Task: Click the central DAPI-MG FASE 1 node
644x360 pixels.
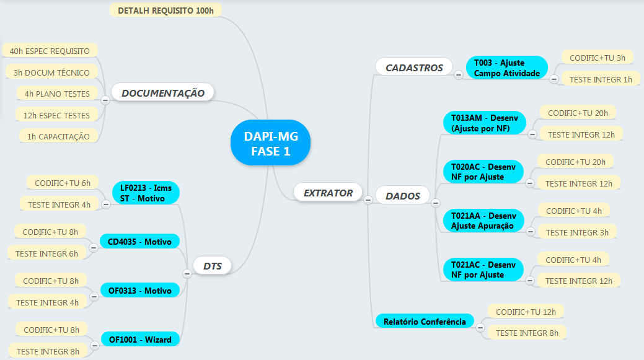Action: click(270, 143)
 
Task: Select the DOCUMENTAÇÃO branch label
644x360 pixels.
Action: click(163, 93)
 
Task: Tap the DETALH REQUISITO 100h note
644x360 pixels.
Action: click(165, 11)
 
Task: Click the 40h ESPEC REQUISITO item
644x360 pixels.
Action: click(50, 51)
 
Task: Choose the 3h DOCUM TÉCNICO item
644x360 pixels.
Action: click(51, 72)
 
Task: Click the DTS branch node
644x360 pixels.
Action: click(213, 266)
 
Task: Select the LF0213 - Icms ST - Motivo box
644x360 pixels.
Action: click(146, 193)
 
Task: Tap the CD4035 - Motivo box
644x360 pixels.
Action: click(139, 242)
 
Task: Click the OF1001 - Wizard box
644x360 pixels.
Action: click(140, 340)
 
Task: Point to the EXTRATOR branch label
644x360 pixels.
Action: click(328, 193)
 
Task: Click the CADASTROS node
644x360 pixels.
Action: click(414, 68)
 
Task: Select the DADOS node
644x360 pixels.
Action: click(403, 196)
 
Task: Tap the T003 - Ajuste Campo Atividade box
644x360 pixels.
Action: click(506, 68)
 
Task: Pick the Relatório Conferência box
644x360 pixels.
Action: click(424, 322)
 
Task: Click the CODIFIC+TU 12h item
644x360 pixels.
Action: click(526, 311)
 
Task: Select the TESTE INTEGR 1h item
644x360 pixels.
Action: click(601, 79)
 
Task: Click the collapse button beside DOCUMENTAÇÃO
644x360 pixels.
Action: click(105, 99)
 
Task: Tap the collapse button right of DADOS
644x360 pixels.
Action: click(436, 203)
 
